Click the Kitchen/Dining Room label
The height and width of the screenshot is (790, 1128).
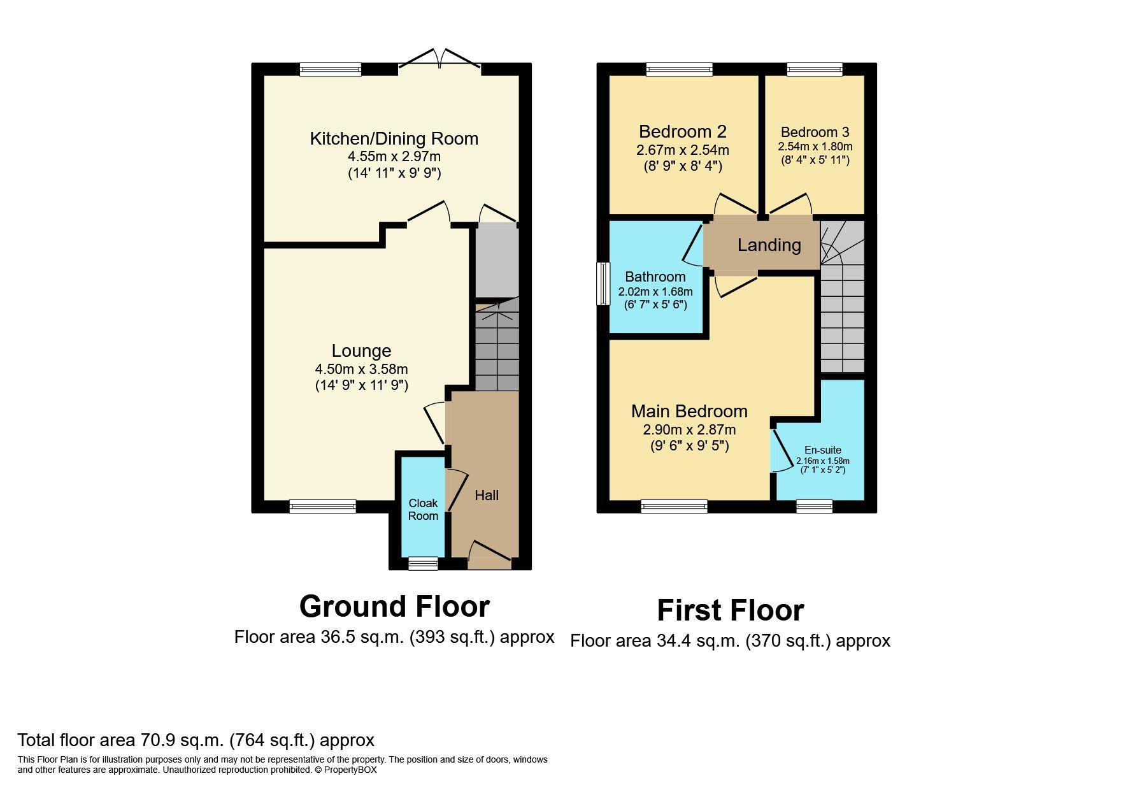click(394, 138)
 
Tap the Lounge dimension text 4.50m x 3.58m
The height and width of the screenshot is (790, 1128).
click(361, 369)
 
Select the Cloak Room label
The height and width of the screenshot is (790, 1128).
click(423, 509)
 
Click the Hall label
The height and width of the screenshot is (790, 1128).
click(487, 495)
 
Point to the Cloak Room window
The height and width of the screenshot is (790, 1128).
click(423, 563)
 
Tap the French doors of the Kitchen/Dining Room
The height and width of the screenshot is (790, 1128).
click(439, 61)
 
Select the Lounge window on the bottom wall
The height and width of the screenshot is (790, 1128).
click(322, 506)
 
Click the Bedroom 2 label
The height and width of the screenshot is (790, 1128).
click(682, 131)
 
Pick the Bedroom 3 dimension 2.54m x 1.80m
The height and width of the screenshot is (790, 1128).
click(815, 147)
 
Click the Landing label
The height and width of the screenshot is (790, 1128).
click(769, 245)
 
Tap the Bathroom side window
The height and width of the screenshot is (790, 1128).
click(603, 284)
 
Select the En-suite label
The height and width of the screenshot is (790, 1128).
click(822, 450)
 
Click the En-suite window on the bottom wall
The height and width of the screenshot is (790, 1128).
click(815, 506)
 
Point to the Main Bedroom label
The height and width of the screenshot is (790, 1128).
click(689, 411)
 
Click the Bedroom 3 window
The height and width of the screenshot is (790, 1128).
click(815, 69)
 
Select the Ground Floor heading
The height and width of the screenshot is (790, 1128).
click(394, 607)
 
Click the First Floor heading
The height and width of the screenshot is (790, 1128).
click(730, 610)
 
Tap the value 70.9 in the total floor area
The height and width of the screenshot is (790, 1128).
click(153, 740)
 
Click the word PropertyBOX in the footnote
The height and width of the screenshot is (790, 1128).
click(350, 770)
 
